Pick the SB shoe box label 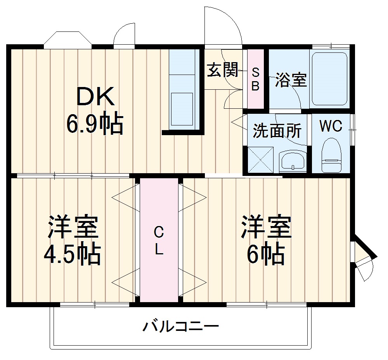(255, 79)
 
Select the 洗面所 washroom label (277, 131)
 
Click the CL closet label (159, 241)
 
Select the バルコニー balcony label (180, 327)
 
